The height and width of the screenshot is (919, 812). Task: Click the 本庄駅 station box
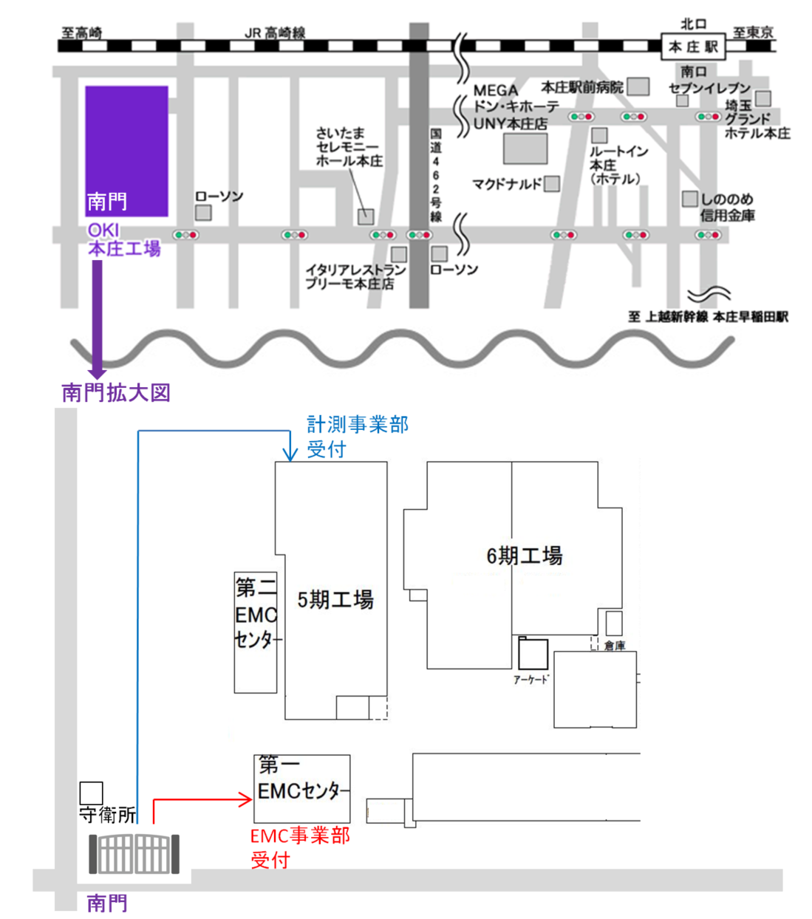[692, 47]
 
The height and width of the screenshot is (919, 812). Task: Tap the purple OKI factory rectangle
[126, 151]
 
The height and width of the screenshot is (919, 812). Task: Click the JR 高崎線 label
[275, 33]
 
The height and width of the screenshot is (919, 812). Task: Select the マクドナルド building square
[552, 183]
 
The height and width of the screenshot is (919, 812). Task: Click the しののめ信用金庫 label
[727, 207]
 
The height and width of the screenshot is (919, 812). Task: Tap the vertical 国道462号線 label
[436, 174]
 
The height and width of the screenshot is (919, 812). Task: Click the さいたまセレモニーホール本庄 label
[349, 146]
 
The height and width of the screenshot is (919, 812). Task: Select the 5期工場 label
[335, 600]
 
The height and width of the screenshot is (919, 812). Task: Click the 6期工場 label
[524, 556]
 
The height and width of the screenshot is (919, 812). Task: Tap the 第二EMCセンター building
[256, 632]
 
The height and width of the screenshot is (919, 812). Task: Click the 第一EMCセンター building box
[301, 788]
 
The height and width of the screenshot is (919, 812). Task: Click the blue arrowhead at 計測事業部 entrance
[290, 453]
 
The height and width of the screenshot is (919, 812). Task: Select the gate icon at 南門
[134, 854]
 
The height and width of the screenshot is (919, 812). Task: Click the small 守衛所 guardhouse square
[91, 793]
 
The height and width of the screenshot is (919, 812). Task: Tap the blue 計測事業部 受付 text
[357, 436]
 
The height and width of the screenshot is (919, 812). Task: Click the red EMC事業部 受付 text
[299, 847]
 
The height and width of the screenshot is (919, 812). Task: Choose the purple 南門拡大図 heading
[116, 392]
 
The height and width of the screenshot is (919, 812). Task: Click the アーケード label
[531, 680]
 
